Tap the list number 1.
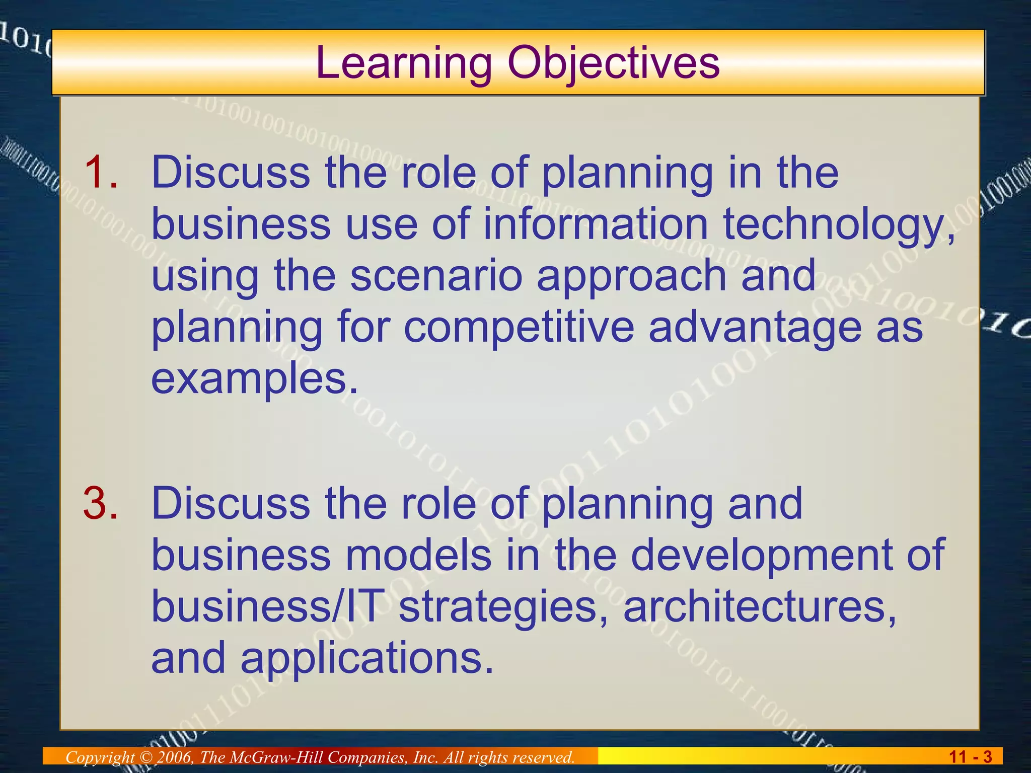click(x=101, y=173)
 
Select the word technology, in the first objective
click(x=839, y=225)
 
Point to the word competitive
click(x=519, y=327)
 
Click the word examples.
click(x=255, y=379)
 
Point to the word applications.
click(x=366, y=659)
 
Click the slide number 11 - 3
click(x=970, y=757)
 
